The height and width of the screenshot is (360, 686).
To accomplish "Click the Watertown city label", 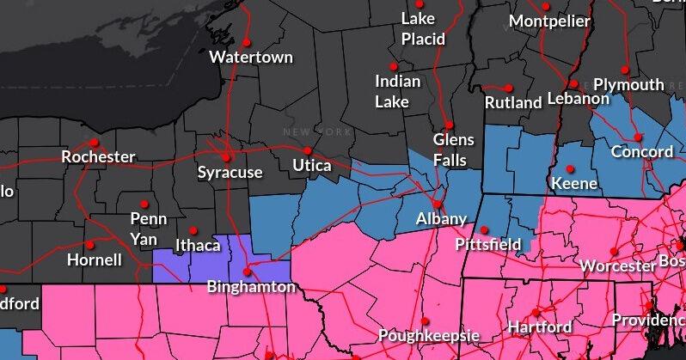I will coord(251,58).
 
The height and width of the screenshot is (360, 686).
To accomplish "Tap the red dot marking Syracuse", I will coord(227,157).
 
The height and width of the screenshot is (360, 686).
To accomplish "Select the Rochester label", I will coord(98,157).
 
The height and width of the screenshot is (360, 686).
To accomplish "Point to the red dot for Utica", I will coord(307,150).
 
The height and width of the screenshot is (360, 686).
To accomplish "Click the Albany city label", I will coord(441,219).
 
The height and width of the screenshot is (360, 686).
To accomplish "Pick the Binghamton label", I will coord(251,287).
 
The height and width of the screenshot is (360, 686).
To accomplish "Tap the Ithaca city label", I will coord(198,246).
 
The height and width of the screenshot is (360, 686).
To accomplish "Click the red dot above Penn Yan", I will coord(144,204).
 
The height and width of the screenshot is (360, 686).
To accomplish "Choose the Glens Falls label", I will coord(450,149).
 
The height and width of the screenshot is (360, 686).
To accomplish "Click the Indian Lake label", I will coord(398,91).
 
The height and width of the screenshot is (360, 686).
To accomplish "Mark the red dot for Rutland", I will coord(509,88).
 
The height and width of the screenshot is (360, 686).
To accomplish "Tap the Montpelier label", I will coord(550,21).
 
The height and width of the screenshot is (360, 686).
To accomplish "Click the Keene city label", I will coord(573,184).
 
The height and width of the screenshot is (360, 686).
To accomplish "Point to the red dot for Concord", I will coord(638,137).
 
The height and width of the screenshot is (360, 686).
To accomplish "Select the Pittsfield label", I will coord(488,245).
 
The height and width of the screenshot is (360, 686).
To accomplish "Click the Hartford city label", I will coord(540,327).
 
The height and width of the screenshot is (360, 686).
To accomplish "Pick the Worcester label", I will coord(617,266).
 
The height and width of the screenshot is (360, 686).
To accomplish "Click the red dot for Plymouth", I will coord(626,70).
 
